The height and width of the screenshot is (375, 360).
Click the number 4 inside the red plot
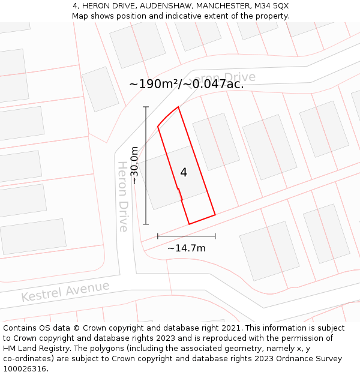pyautogui.click(x=184, y=172)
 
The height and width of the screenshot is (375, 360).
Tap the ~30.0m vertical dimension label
pyautogui.click(x=136, y=165)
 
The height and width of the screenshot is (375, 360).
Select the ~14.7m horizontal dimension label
pyautogui.click(x=186, y=248)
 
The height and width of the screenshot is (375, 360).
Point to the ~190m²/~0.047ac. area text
pyautogui.click(x=186, y=84)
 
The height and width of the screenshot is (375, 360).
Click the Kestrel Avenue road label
pyautogui.click(x=65, y=291)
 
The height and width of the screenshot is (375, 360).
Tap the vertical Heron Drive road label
pyautogui.click(x=123, y=196)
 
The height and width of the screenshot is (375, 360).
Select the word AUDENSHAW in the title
pyautogui.click(x=149, y=5)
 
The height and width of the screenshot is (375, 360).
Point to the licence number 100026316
pyautogui.click(x=25, y=368)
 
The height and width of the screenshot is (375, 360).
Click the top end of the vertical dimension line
pyautogui.click(x=146, y=107)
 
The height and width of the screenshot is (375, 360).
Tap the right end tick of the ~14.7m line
pyautogui.click(x=215, y=236)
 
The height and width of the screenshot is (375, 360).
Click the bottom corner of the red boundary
pyautogui.click(x=189, y=224)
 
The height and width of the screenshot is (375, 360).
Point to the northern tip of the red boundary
pyautogui.click(x=178, y=107)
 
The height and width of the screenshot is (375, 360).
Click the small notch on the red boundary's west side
pyautogui.click(x=179, y=191)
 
